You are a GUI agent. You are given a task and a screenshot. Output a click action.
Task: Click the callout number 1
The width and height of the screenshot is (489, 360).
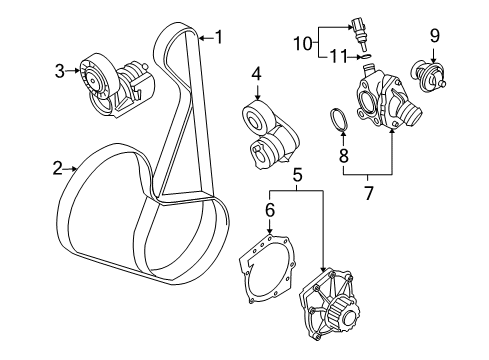tap(219, 39)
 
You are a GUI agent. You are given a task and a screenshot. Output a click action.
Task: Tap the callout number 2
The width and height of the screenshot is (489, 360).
tap(58, 170)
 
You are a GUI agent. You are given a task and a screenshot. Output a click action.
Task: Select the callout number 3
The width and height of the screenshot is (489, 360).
tap(60, 70)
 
